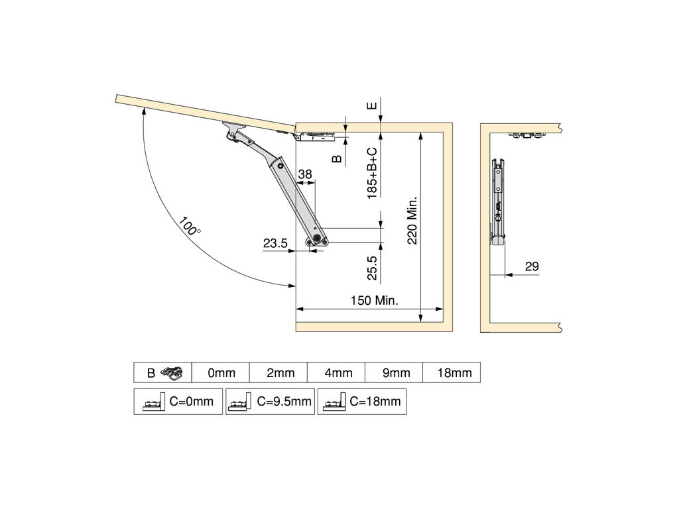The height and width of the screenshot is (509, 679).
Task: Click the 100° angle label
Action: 190,225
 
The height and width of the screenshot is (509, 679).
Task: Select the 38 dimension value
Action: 305,174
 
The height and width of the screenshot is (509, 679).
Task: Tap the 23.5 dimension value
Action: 275,243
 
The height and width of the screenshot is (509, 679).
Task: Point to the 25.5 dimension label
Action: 372,268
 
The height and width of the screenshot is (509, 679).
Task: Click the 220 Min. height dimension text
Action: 412,221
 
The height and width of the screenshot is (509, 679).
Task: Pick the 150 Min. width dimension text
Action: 374,300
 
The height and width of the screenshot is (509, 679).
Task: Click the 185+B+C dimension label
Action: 372,173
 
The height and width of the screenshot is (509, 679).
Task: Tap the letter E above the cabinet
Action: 372,105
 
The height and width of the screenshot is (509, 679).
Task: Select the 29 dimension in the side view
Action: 532,266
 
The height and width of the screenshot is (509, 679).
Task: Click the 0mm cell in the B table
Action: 221,372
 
